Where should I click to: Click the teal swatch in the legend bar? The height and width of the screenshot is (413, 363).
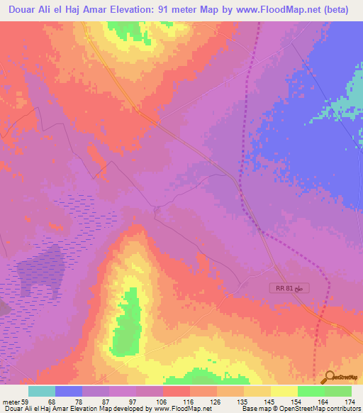pyautogui.click(x=42, y=391)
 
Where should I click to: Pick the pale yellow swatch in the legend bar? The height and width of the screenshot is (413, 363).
pyautogui.click(x=284, y=391)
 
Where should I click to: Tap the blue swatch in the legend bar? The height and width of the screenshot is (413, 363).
pyautogui.click(x=69, y=391)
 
